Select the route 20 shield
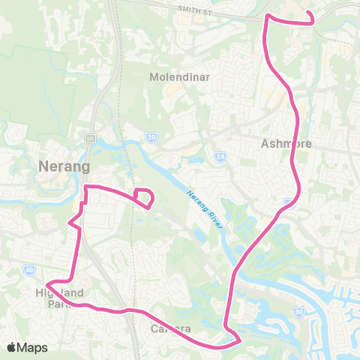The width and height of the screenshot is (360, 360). tap(151, 138)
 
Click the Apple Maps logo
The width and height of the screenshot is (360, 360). tap(12, 347)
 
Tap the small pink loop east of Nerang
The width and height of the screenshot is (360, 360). tap(143, 197)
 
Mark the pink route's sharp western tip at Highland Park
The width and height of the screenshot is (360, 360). tap(47, 283)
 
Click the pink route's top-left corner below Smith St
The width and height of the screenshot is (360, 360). tap(268, 16)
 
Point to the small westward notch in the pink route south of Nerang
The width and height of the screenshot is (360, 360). tap(70, 223)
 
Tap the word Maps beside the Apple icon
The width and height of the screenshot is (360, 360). tap(34, 347)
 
